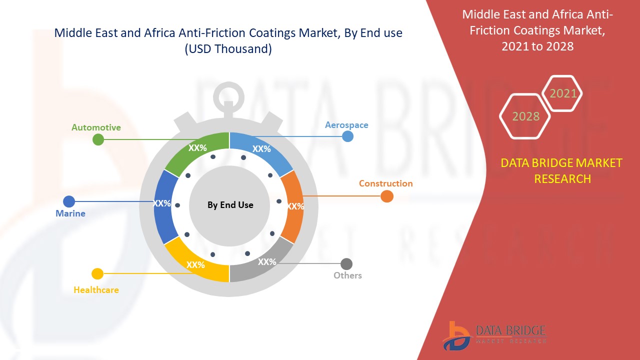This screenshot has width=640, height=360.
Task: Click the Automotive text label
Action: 96,127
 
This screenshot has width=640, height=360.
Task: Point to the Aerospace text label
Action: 346,125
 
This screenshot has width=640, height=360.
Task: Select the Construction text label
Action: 385,183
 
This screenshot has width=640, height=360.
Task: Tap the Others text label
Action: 347,275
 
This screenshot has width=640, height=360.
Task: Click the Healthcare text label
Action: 96,290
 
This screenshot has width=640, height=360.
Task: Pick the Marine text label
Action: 70,213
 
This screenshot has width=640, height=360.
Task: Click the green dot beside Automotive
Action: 98,139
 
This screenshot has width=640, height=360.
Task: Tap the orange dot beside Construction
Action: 386,196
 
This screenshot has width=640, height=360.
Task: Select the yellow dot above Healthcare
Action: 97,273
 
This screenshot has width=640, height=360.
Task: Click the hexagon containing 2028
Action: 525,116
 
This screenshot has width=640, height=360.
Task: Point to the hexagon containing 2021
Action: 562,93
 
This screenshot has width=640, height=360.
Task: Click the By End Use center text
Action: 230,205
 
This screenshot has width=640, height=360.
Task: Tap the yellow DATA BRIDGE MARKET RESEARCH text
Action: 561,170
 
